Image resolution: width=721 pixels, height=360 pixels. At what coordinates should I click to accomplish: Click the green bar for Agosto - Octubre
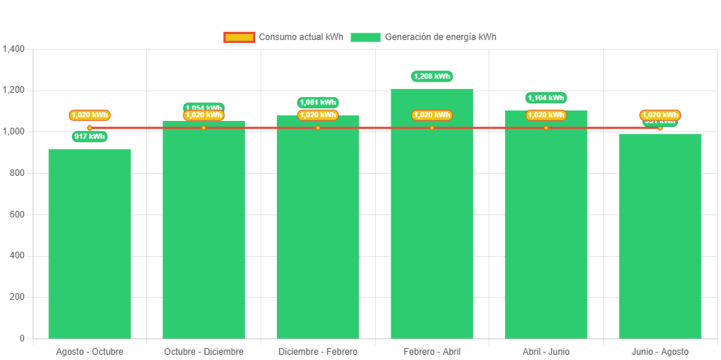(x=89, y=245)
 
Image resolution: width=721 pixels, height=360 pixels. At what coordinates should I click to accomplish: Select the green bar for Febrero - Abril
(x=431, y=223)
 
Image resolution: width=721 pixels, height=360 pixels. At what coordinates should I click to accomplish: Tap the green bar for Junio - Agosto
(x=660, y=238)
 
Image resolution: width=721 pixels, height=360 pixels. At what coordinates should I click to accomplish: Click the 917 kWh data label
(x=90, y=137)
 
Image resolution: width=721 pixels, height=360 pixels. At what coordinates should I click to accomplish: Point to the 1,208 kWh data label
(x=431, y=76)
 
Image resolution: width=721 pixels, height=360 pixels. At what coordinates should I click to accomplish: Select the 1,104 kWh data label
(x=546, y=97)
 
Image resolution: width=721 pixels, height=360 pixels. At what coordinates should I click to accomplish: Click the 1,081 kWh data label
(x=318, y=102)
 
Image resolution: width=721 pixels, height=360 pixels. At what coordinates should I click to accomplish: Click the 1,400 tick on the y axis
(x=14, y=49)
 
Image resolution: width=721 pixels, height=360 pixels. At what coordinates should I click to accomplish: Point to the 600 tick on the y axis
(x=17, y=215)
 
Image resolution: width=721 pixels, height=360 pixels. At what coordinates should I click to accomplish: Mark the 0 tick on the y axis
(x=22, y=338)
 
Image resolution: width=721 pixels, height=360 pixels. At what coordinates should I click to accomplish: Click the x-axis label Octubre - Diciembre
(x=203, y=351)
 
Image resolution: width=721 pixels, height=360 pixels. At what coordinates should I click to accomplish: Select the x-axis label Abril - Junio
(x=546, y=351)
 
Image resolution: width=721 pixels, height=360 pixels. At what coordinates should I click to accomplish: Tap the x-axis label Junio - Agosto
(x=660, y=351)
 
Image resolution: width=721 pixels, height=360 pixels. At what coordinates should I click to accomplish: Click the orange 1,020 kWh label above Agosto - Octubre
(x=90, y=115)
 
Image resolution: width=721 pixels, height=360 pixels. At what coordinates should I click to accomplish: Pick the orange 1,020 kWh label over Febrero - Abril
(x=431, y=115)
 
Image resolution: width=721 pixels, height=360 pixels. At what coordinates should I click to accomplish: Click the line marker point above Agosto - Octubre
(x=90, y=128)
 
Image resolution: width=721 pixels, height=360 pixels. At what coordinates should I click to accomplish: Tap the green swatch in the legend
(x=365, y=37)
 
